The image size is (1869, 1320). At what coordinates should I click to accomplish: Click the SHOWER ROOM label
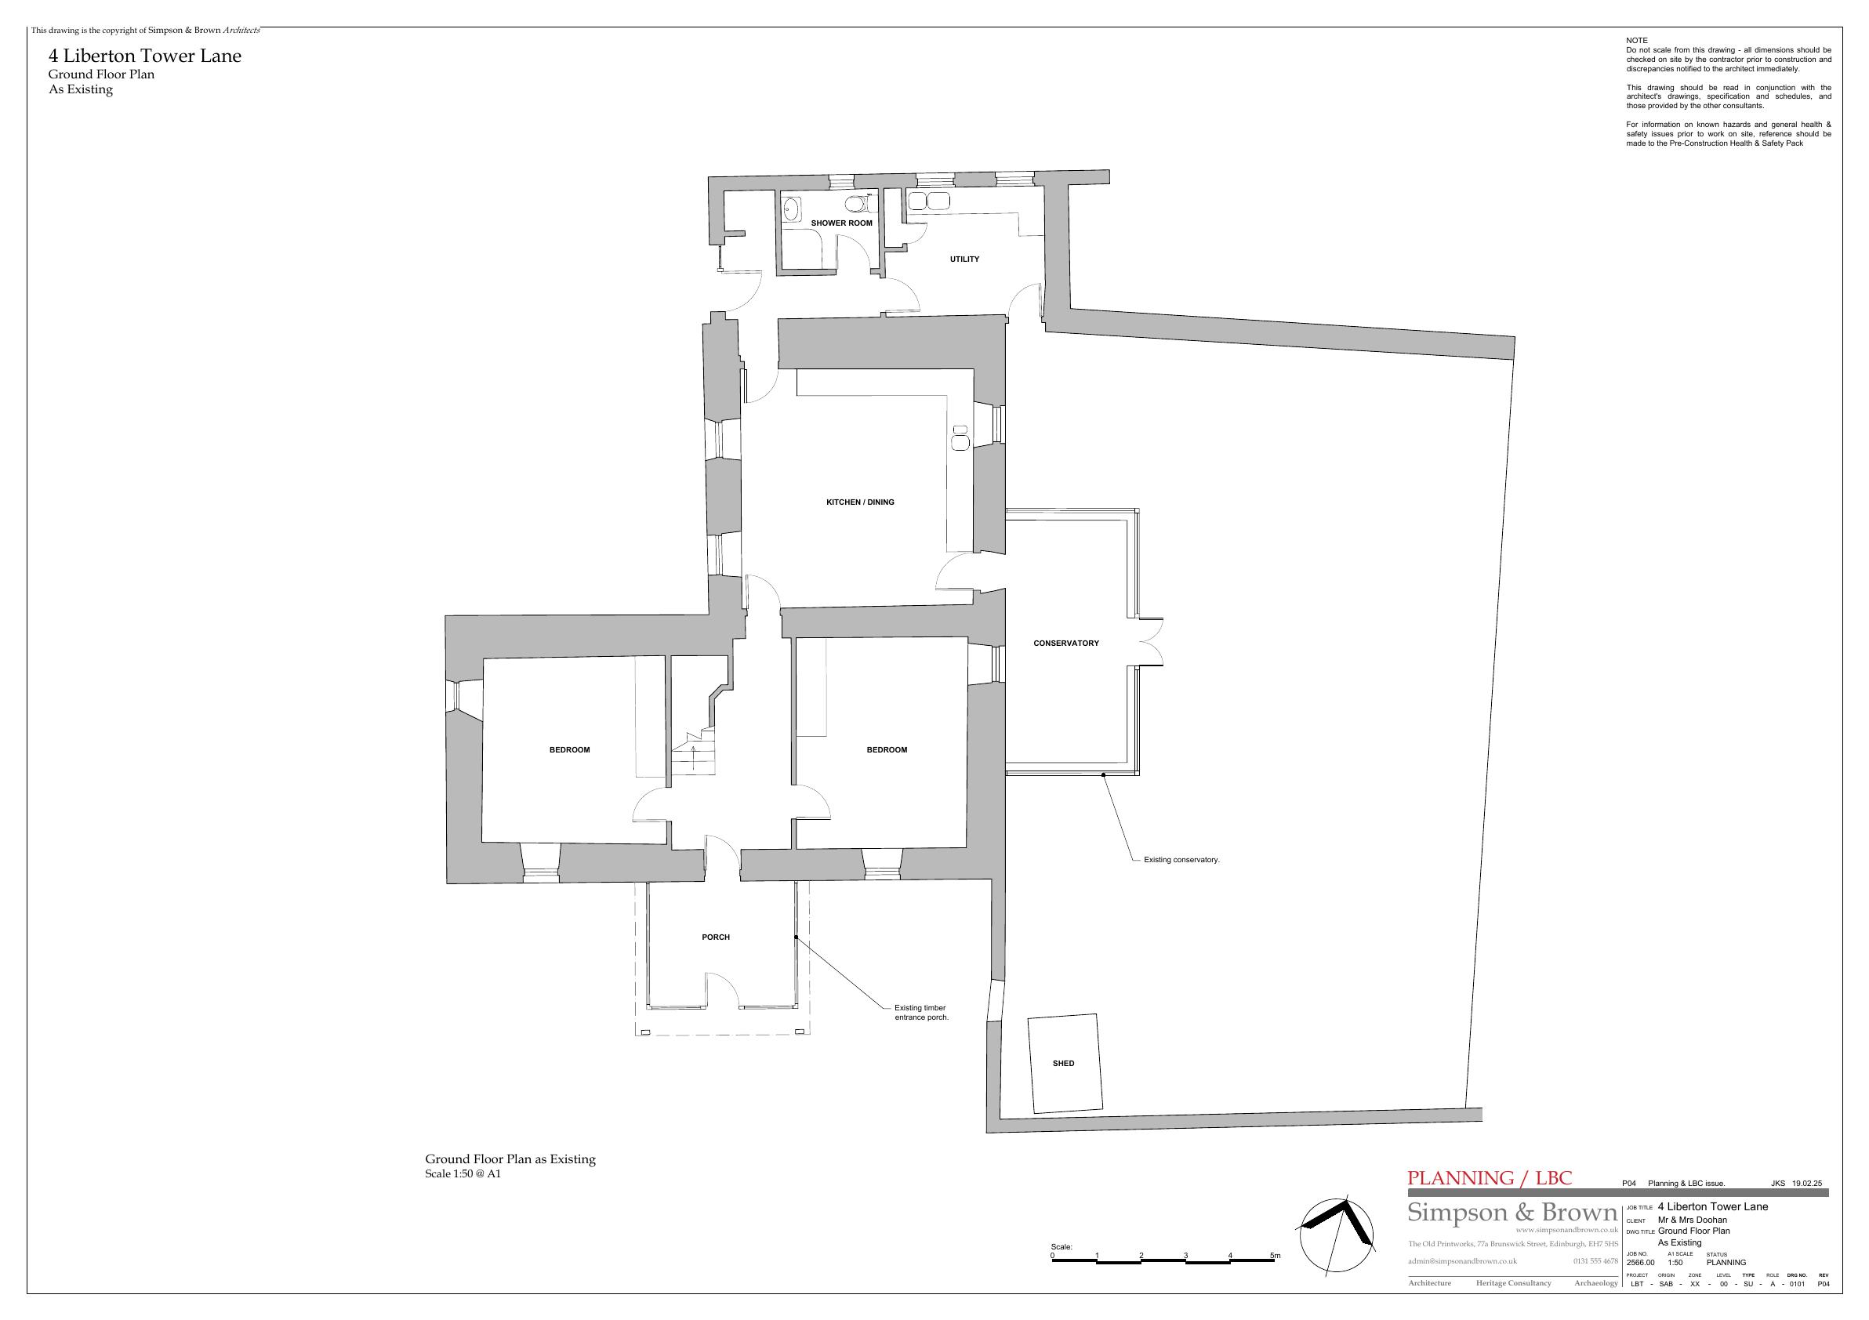pos(841,223)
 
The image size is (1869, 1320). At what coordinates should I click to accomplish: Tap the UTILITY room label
pos(964,259)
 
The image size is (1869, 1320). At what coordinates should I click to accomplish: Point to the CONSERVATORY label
pos(1065,643)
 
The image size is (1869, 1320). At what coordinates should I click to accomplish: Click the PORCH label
pos(716,937)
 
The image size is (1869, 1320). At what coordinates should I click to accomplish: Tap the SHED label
pos(1063,1063)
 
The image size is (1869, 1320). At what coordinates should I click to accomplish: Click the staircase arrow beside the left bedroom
pos(693,757)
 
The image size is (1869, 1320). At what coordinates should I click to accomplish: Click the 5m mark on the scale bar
pos(1275,1256)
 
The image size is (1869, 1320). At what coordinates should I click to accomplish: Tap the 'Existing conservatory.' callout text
pos(1181,859)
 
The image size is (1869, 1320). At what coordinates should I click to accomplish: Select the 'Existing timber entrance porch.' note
pos(921,1013)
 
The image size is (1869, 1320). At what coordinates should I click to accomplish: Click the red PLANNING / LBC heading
pos(1490,1177)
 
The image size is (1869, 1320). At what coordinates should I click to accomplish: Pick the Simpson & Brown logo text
pos(1512,1212)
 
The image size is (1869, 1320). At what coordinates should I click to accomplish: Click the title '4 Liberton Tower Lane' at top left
pos(145,56)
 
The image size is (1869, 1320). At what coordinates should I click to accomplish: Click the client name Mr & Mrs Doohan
pos(1693,1220)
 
